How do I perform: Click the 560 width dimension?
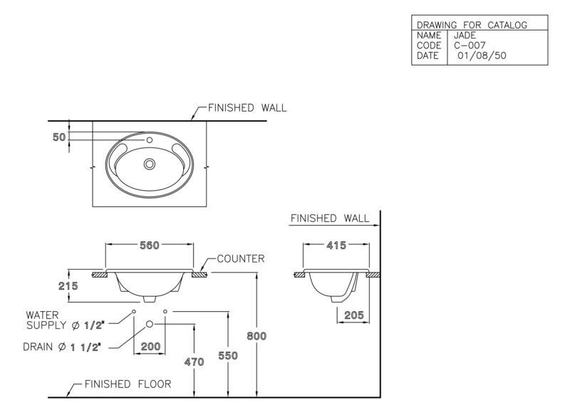tap(150, 246)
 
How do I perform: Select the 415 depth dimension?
tap(336, 246)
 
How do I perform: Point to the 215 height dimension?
tap(68, 286)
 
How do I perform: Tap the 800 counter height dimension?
tap(256, 336)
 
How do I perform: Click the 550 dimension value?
tap(228, 355)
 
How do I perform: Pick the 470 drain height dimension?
tap(194, 362)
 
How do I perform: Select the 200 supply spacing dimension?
tap(150, 346)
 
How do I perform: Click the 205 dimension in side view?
tap(353, 315)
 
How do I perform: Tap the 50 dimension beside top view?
tap(59, 137)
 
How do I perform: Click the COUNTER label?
tap(241, 258)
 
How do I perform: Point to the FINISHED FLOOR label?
tap(128, 384)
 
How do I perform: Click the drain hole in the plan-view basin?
tap(150, 164)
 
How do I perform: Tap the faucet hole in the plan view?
tap(149, 140)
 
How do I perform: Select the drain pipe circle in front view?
tap(150, 324)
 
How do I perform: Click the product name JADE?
tap(465, 36)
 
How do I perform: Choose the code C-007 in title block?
tap(470, 46)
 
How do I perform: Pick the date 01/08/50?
tap(482, 56)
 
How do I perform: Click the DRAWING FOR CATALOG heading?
tap(472, 25)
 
